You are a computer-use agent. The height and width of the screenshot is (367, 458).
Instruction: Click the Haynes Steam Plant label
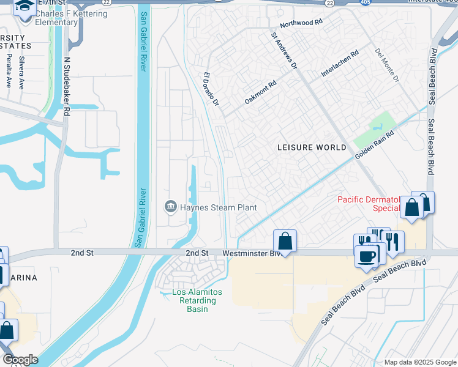[218, 207]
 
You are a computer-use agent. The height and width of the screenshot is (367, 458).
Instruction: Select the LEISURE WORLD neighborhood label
[312, 147]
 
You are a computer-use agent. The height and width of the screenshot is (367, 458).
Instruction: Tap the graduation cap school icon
[24, 7]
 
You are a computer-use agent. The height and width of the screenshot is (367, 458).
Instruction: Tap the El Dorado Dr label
[211, 90]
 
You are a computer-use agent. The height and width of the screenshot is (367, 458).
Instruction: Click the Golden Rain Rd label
[374, 145]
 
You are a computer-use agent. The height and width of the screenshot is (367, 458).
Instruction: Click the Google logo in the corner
[20, 360]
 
